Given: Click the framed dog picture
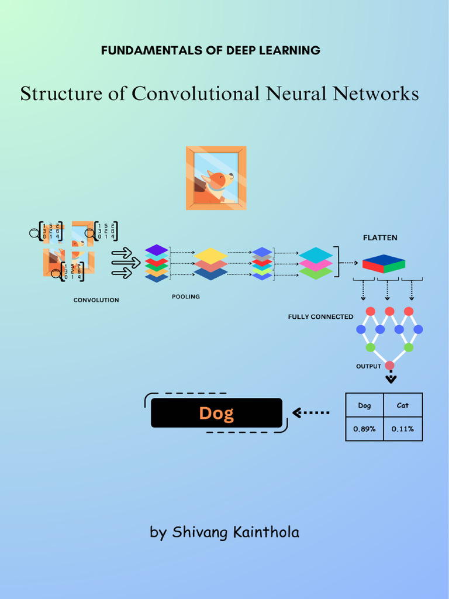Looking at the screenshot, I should [x=216, y=178].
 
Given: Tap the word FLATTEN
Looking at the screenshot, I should [x=380, y=237].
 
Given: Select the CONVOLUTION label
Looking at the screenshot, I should [x=96, y=300].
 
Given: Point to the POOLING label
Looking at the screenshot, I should [x=185, y=297].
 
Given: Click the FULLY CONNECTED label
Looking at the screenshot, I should [x=320, y=316].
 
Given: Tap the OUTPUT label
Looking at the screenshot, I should [x=368, y=366].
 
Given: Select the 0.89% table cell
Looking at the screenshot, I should [x=364, y=429].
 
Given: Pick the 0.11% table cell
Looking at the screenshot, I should [x=403, y=429].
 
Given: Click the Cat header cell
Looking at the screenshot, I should [x=403, y=405].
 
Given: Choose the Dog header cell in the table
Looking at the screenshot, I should [x=364, y=405].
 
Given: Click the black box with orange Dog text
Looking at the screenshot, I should [x=216, y=413].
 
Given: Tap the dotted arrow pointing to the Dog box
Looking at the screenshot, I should [x=311, y=413].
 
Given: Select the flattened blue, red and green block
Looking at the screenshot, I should [x=384, y=264].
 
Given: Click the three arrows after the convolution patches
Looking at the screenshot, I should [x=125, y=263].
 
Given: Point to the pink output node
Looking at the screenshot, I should [x=390, y=366].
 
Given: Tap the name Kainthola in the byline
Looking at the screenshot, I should [x=266, y=532].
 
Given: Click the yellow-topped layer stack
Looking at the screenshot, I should [x=210, y=263].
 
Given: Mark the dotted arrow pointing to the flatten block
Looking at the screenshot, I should [x=349, y=263].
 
